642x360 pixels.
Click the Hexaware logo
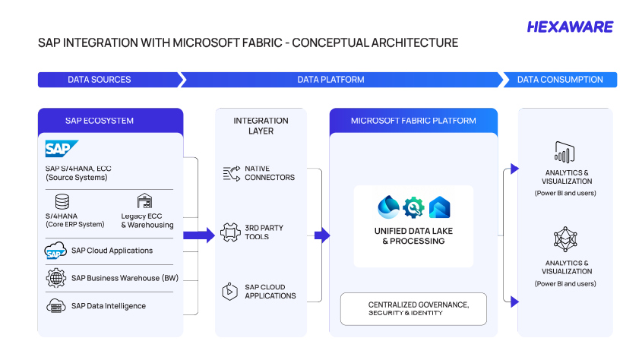tap(570, 27)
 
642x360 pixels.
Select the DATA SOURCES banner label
tap(100, 80)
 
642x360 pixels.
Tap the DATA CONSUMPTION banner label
tap(560, 80)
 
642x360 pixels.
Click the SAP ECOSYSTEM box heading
tap(100, 121)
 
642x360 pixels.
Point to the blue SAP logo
tap(62, 149)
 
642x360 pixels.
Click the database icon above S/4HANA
tap(62, 202)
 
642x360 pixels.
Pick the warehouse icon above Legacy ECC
tap(144, 201)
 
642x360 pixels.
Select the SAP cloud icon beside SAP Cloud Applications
tap(55, 251)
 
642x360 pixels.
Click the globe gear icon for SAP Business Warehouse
tap(56, 278)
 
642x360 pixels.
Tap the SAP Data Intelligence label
tap(109, 306)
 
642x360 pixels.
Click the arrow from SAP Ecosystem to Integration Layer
tap(199, 235)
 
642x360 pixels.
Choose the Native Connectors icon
tap(232, 173)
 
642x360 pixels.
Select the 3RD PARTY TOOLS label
tap(264, 232)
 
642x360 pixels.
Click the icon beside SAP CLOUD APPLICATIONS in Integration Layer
tap(229, 292)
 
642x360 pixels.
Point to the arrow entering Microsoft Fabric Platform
tap(322, 235)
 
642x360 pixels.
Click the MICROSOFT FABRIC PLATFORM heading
tap(413, 121)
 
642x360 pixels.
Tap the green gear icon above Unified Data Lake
tap(413, 207)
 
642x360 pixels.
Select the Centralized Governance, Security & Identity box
tap(413, 309)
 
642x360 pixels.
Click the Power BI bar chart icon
tap(565, 152)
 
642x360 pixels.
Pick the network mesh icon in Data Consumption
tap(565, 239)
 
